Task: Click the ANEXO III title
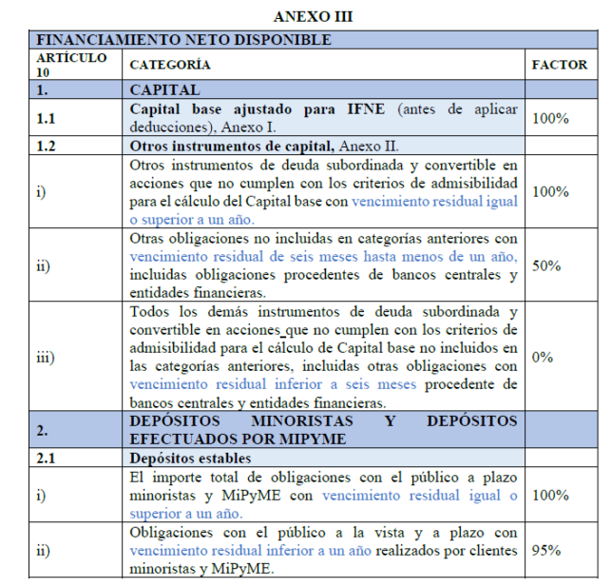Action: [305, 16]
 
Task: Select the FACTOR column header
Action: [559, 65]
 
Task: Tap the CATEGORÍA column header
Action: [169, 65]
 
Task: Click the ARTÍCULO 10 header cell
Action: [59, 65]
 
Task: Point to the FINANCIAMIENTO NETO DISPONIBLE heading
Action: [182, 40]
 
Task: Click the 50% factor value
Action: [545, 265]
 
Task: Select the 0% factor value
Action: [543, 357]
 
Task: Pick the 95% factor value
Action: [545, 550]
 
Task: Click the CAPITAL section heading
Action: [165, 90]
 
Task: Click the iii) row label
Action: [45, 357]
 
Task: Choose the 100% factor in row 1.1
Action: [549, 118]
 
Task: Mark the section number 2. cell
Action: [43, 430]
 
